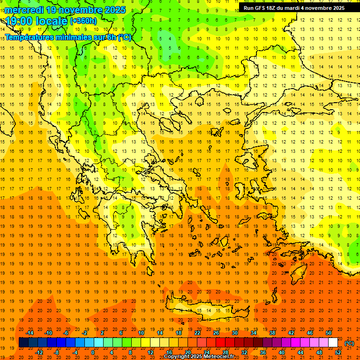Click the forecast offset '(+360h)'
(83, 21)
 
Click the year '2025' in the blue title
(114, 10)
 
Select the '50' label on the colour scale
(328, 333)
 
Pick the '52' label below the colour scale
(337, 352)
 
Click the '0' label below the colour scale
(93, 352)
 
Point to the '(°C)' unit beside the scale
(349, 343)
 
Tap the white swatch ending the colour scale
(333, 343)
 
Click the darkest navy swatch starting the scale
(23, 343)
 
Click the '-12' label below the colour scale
(39, 352)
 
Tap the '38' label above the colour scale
(272, 333)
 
